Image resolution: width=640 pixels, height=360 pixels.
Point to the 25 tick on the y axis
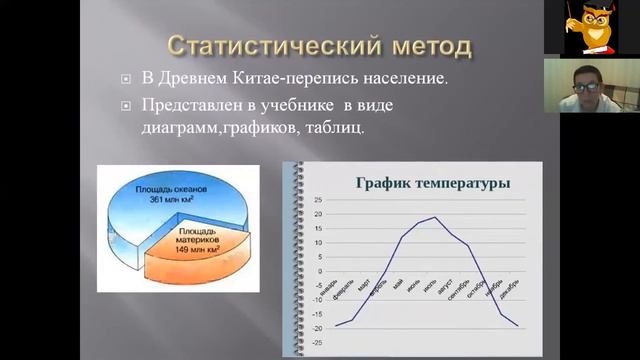(x=318, y=200)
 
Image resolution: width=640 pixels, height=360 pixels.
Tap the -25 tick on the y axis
(x=317, y=342)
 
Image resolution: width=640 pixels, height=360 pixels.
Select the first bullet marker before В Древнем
(x=125, y=78)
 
